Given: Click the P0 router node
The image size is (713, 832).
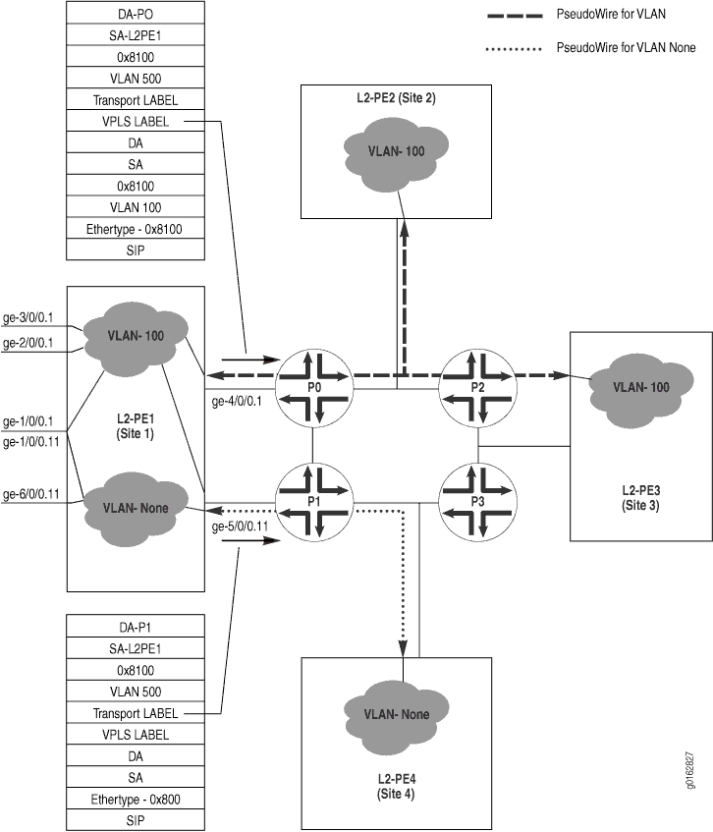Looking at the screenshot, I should pos(312,388).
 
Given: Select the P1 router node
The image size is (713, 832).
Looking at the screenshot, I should pos(312,500).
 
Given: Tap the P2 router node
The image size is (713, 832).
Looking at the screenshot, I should pos(477,388).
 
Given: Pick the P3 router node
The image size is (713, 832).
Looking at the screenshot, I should pos(477,500).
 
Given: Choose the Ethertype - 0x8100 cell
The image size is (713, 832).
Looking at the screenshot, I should pos(136,229).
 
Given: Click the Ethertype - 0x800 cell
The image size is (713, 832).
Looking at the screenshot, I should pos(136,798).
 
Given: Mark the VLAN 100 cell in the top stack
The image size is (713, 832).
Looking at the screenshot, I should pos(136,207).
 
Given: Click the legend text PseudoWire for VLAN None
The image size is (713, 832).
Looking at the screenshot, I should pos(626,46).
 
